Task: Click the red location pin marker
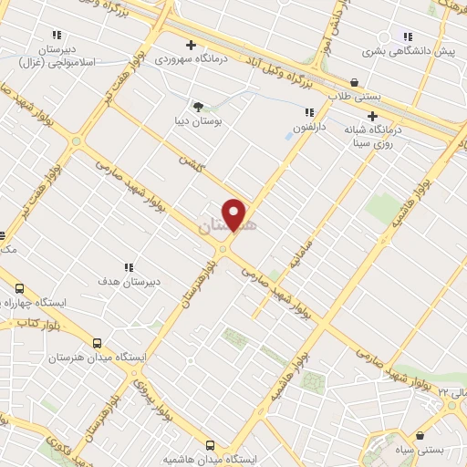[234, 214]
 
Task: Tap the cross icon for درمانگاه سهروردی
[191, 45]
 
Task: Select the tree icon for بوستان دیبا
[197, 106]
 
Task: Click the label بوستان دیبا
[199, 119]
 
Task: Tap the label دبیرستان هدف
[129, 282]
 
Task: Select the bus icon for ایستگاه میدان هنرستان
[97, 344]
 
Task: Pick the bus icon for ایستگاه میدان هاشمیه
[211, 445]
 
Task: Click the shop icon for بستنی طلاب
[354, 81]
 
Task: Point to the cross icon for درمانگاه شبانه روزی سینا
[371, 116]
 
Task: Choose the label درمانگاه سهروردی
[192, 58]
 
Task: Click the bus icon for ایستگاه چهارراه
[18, 288]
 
